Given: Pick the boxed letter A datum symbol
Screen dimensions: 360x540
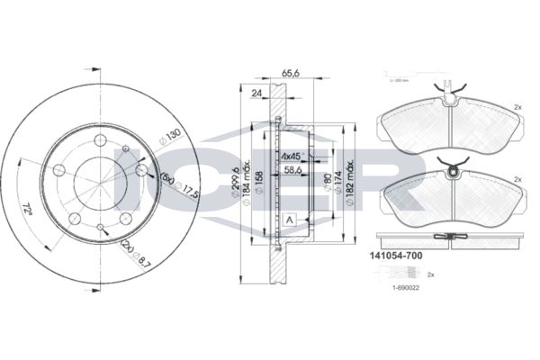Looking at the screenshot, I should coord(290,220).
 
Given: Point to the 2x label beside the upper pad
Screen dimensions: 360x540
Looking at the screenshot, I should coord(517,107).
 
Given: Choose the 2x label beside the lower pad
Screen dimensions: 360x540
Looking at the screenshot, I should coord(517,178).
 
